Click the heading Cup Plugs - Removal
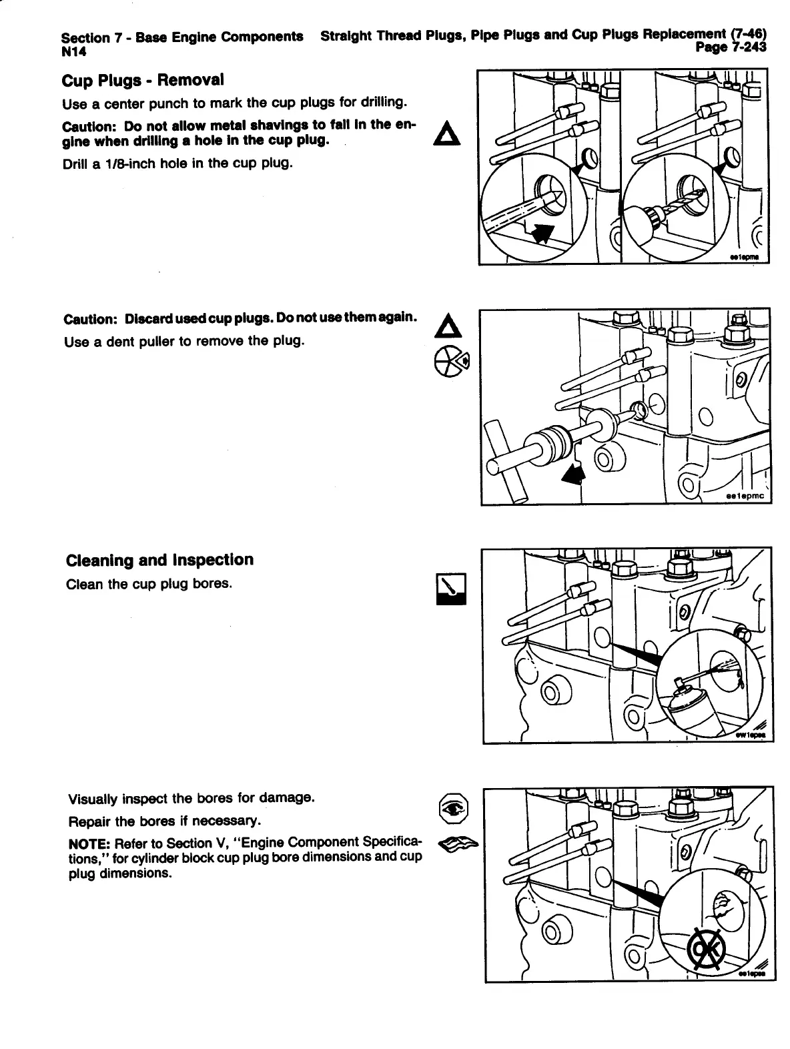point(142,81)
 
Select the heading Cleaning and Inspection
point(159,560)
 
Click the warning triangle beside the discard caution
point(444,326)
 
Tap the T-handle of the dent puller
point(506,460)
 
